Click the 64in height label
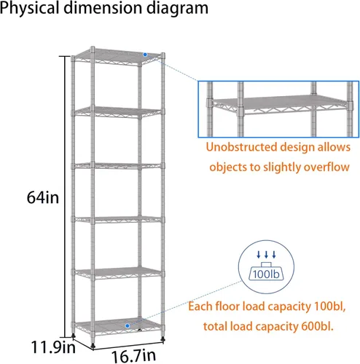[43, 197]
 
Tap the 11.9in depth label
[53, 347]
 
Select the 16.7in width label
[133, 356]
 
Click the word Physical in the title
[30, 9]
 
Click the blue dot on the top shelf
[145, 55]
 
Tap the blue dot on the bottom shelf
[128, 326]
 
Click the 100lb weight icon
[266, 272]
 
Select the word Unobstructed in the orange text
[241, 147]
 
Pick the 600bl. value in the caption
[317, 326]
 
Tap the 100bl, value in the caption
[329, 306]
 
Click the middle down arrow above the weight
[266, 255]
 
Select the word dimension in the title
[103, 8]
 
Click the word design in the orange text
[297, 148]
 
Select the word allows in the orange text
[334, 147]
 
